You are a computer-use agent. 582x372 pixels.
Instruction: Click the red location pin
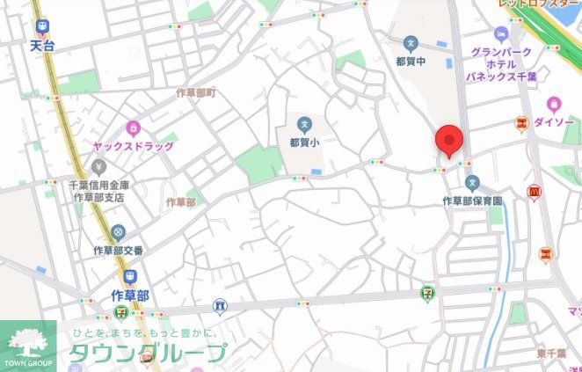click(x=449, y=141)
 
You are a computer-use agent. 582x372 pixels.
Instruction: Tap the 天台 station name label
click(x=41, y=44)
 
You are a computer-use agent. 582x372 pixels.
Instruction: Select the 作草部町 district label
click(x=196, y=92)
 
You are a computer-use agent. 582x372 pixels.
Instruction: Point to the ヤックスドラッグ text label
click(x=134, y=146)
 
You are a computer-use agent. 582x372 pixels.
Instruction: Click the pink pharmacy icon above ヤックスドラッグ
click(x=134, y=129)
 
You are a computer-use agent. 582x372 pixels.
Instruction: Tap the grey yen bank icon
click(x=99, y=166)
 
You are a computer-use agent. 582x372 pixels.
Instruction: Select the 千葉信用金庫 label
click(x=99, y=185)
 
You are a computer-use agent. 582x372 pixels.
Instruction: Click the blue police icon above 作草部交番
click(x=119, y=233)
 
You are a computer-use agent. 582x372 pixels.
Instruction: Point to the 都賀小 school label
click(x=304, y=141)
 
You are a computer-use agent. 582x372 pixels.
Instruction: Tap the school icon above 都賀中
click(x=410, y=43)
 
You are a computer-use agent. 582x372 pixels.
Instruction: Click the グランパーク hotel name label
click(x=501, y=53)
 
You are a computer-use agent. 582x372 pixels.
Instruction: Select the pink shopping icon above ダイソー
click(x=554, y=105)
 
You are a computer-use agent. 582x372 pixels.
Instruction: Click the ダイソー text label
click(x=554, y=122)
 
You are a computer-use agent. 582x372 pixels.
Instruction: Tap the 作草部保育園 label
click(x=472, y=201)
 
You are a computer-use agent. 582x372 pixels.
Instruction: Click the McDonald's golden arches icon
click(x=534, y=193)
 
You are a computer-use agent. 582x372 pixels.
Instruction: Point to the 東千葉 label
click(x=552, y=353)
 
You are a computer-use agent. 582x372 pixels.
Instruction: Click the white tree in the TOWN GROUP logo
click(x=28, y=340)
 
